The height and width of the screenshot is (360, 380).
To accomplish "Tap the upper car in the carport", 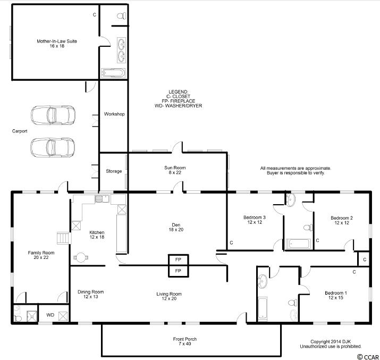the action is [53, 115].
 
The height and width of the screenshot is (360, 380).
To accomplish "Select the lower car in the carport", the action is [53, 147].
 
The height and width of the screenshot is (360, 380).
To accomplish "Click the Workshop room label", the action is [114, 114].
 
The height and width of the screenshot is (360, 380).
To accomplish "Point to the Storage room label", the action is [114, 171].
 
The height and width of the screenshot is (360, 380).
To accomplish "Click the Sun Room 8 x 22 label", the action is [175, 170].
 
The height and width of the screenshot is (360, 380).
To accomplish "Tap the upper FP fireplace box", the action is [178, 259].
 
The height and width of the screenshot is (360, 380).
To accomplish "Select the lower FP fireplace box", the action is [178, 271].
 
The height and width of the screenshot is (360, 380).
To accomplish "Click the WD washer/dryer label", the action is [50, 315].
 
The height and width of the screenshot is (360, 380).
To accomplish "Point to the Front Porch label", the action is [184, 341].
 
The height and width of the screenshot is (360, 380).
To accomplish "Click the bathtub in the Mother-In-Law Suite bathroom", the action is [113, 73].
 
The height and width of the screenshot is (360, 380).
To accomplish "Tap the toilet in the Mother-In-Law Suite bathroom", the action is [121, 16].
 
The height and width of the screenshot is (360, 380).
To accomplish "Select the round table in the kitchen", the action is [81, 257].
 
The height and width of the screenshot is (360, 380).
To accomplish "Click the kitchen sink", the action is [102, 199].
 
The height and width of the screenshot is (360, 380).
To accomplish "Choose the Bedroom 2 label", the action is [342, 220].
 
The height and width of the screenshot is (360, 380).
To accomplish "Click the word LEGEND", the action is [179, 92].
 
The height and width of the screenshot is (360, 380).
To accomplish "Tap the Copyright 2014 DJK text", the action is [331, 341].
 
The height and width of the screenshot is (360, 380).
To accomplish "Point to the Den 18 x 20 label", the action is [176, 227].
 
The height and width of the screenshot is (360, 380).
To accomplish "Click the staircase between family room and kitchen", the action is [64, 238].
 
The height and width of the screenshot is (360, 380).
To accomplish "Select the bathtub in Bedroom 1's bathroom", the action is [263, 308].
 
